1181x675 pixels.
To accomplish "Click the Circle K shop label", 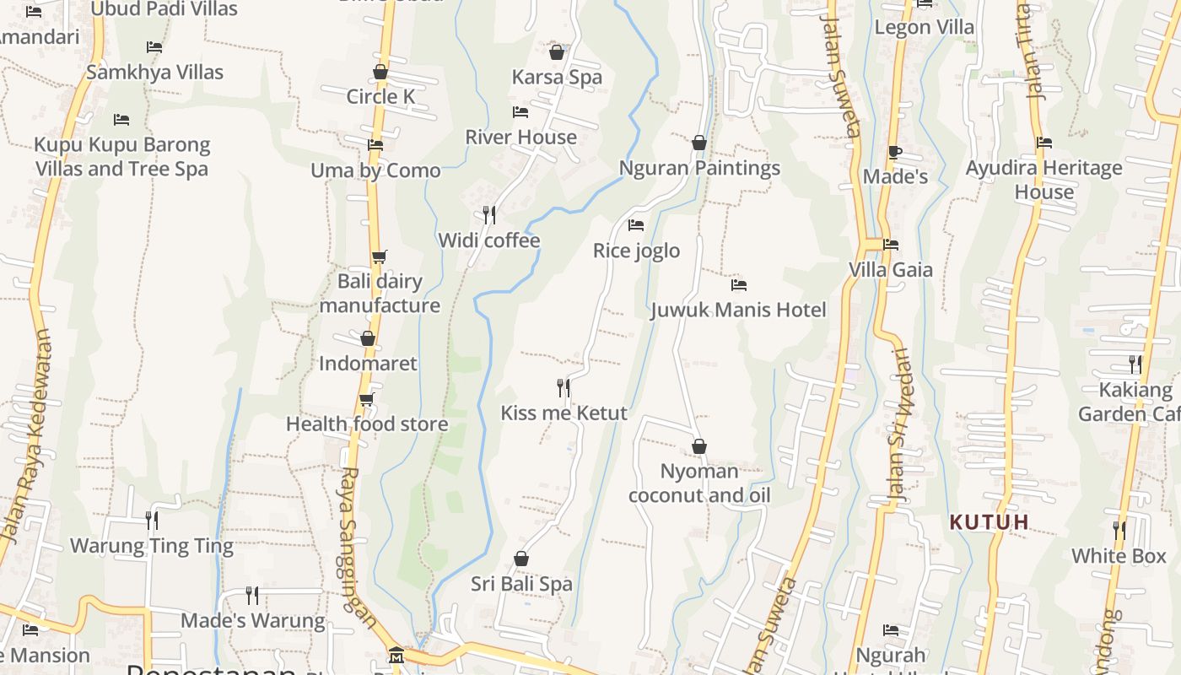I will (x=380, y=97).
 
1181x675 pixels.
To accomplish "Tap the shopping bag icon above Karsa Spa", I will (x=557, y=52).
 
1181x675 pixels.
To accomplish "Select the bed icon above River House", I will (x=520, y=112).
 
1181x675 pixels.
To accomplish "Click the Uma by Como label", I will (x=375, y=170).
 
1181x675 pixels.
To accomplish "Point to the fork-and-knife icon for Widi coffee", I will (x=488, y=215).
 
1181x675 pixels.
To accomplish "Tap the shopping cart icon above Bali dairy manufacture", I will (x=380, y=256).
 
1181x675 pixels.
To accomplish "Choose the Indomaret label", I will (x=368, y=364).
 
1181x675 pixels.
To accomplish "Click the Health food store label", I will (x=367, y=424).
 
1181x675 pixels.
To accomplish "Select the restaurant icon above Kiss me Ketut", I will (x=564, y=388).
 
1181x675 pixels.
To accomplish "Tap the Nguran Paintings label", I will (x=699, y=168).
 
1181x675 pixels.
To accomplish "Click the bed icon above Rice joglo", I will (x=636, y=225).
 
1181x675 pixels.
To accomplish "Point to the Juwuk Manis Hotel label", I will (x=738, y=310).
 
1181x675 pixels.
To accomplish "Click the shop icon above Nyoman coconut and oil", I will (x=699, y=446).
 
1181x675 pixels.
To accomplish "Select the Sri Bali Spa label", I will (x=521, y=584).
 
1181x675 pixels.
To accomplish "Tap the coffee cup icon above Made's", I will (x=895, y=153).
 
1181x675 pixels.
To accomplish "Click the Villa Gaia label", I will (x=891, y=270).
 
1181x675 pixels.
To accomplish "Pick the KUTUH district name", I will (x=990, y=522).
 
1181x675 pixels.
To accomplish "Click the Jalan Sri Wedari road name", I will (x=898, y=426).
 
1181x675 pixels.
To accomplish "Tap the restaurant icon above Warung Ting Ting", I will (x=152, y=520).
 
